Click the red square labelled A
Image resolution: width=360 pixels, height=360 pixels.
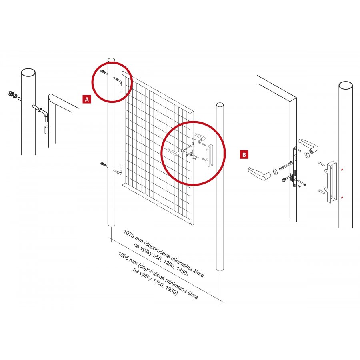tap(86, 99)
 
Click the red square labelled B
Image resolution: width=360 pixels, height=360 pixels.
tap(244, 154)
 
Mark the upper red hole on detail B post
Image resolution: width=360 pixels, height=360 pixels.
tap(342, 170)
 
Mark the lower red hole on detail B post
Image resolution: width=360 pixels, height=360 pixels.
tap(342, 198)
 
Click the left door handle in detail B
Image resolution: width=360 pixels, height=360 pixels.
tap(259, 173)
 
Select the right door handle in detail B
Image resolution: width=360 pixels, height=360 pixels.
tap(308, 145)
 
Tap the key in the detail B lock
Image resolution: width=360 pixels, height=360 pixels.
tap(286, 178)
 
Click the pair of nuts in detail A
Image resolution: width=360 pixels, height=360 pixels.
tap(13, 94)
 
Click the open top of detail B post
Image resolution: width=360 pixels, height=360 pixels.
tap(346, 85)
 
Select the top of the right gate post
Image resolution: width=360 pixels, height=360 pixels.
tap(220, 105)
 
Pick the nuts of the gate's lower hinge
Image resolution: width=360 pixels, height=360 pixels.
tap(103, 164)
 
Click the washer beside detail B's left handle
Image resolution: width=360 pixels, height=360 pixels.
tap(274, 171)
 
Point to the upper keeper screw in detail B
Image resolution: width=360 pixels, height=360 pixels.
tap(321, 164)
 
